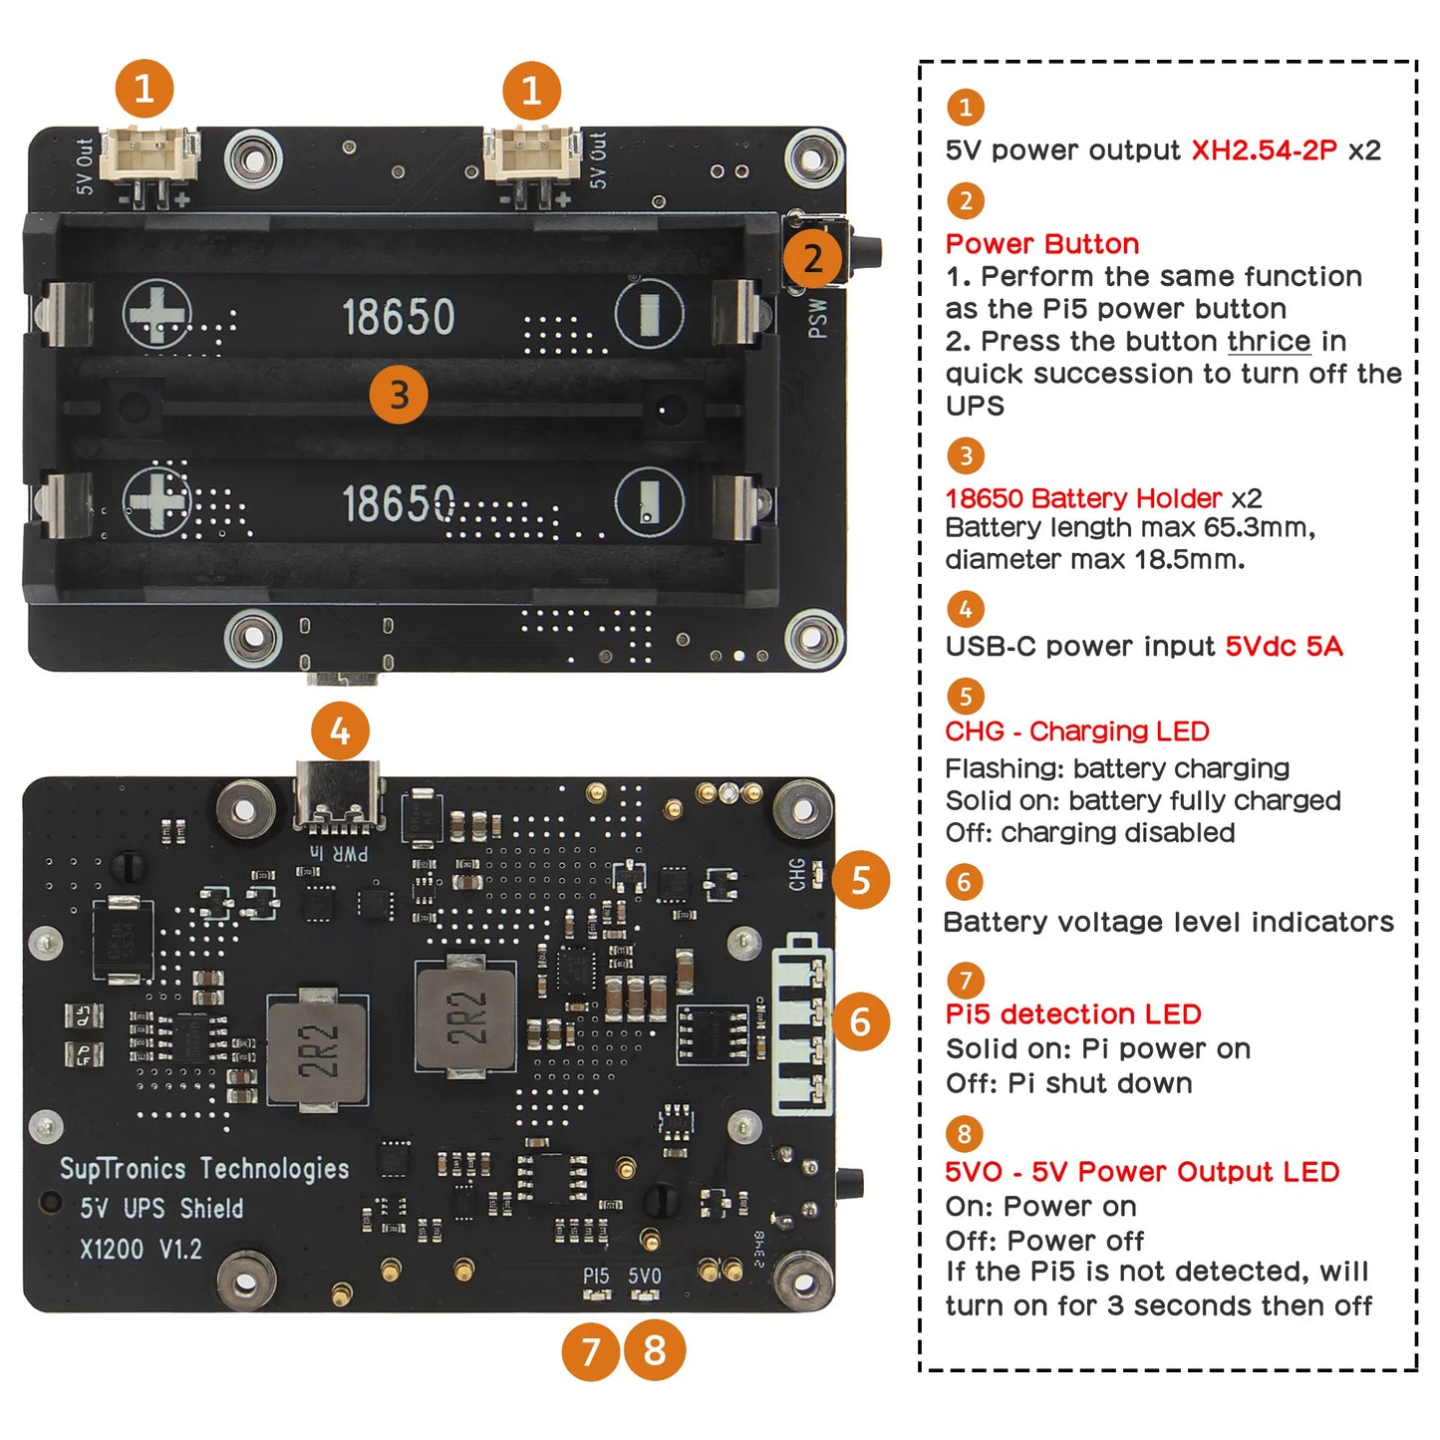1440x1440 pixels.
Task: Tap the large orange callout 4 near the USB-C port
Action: (340, 731)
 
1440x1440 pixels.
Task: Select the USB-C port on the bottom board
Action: (338, 796)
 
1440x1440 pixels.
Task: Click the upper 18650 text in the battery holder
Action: (399, 317)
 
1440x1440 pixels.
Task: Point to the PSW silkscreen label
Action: (817, 318)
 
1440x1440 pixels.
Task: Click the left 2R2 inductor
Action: (318, 1049)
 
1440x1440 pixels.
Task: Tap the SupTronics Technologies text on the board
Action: (204, 1168)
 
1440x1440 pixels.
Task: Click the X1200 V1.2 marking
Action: (141, 1249)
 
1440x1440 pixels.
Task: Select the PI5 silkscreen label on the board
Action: (596, 1276)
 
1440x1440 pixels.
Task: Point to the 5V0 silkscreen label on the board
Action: (645, 1276)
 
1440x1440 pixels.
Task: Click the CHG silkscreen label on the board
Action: (797, 874)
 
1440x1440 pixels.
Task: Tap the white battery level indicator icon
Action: (802, 1024)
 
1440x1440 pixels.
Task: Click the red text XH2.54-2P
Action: (1264, 150)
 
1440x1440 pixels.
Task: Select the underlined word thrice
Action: (1269, 341)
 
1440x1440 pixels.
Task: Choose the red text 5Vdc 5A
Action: (1284, 647)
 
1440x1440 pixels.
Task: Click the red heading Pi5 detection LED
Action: (1073, 1014)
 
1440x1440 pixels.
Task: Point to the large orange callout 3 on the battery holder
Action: (399, 395)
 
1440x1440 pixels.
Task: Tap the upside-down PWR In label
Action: (338, 853)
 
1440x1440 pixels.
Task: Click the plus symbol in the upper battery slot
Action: (157, 314)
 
